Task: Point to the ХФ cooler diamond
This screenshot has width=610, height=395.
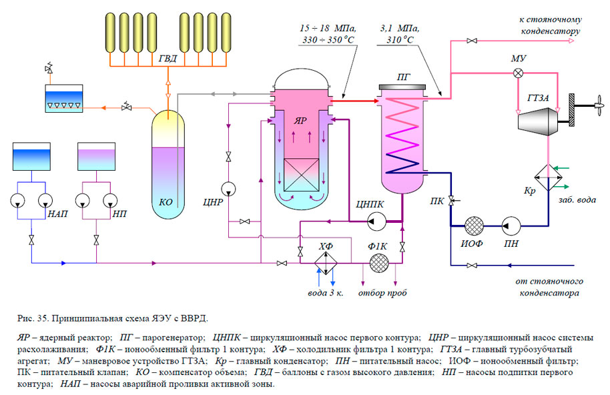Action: coord(326,263)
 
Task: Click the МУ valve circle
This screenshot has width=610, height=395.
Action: coord(517,73)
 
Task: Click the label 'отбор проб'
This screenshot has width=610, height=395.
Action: coord(381,292)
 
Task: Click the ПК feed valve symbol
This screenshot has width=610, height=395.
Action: coord(450,200)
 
